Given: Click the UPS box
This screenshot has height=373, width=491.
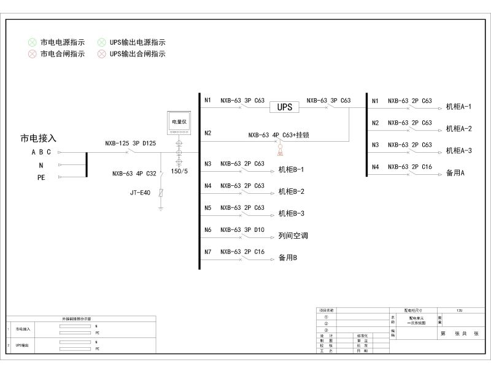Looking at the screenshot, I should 284,107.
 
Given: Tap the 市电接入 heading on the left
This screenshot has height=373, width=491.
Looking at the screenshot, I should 39,139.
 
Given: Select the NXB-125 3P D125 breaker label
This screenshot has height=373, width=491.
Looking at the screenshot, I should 130,144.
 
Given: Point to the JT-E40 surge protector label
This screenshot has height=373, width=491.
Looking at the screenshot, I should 141,193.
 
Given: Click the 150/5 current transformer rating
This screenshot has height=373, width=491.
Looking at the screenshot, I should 179,171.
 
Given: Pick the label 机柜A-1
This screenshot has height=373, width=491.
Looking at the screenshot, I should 458,107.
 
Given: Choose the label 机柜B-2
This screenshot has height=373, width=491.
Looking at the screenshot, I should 291,191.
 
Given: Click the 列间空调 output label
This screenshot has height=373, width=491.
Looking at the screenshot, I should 293,236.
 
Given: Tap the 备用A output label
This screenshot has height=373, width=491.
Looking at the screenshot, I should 455,173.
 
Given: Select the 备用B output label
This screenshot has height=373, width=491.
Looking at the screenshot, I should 288,258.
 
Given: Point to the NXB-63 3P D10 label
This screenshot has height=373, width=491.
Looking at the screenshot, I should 242,230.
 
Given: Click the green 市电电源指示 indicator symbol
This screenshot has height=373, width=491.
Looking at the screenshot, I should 32,42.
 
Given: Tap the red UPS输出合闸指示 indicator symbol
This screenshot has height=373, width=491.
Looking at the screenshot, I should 101,54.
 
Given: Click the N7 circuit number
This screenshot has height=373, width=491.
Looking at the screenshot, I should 208,252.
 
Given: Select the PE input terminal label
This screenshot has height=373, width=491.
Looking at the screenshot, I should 41,177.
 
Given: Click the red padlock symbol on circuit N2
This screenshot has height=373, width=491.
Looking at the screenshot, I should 280,150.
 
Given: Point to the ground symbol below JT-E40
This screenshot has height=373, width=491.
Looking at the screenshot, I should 161,209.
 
